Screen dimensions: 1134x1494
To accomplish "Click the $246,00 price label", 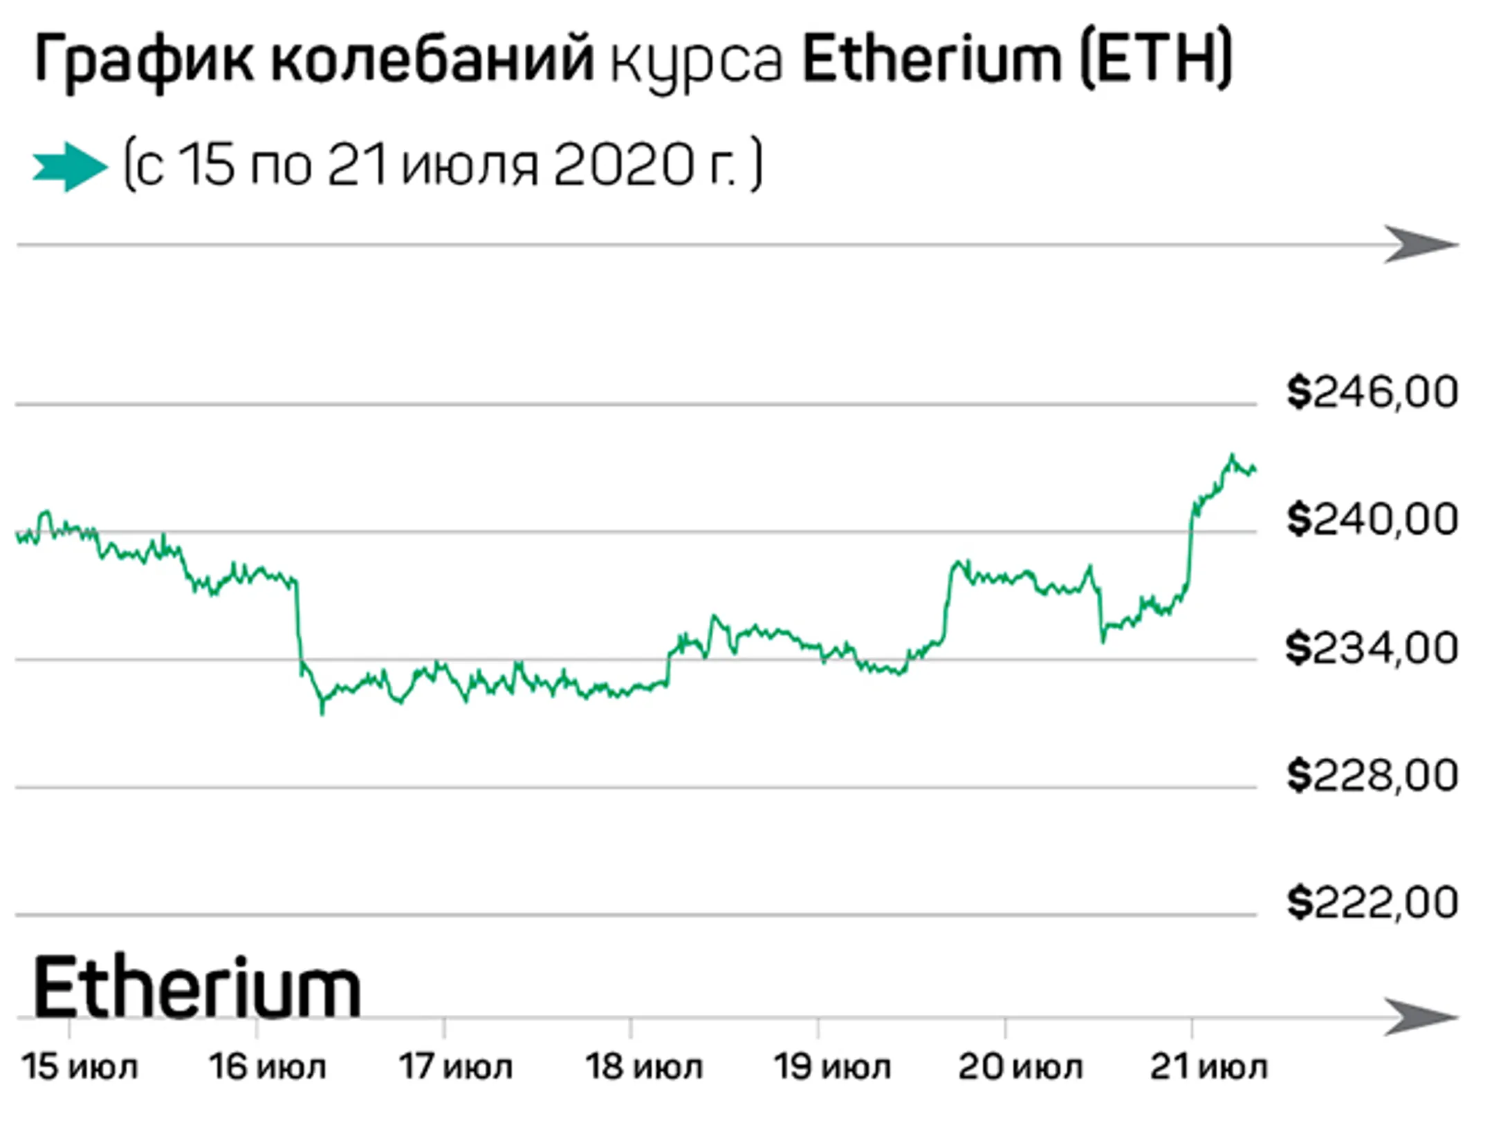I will [1372, 392].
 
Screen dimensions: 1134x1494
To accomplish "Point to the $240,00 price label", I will [1372, 519].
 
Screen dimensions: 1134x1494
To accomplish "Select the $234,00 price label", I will [1372, 648].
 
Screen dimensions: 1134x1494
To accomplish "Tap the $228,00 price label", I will [1372, 775].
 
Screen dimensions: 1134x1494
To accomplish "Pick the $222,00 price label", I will [1372, 902].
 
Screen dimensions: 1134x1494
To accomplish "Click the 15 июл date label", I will [80, 1067].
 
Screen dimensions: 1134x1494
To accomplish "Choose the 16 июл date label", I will [268, 1067].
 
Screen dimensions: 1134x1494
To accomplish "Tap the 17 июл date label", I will [455, 1067].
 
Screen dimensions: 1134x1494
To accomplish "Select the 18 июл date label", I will [643, 1067].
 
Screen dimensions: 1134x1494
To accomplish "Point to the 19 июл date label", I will [831, 1067].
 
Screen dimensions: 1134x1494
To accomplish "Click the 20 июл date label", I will [1020, 1067].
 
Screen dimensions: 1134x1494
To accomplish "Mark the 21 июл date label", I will [1208, 1067].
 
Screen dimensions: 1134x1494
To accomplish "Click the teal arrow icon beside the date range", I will [70, 167].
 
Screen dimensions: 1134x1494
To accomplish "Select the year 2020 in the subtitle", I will [622, 166].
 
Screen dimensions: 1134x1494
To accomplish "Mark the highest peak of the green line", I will [1232, 455].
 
